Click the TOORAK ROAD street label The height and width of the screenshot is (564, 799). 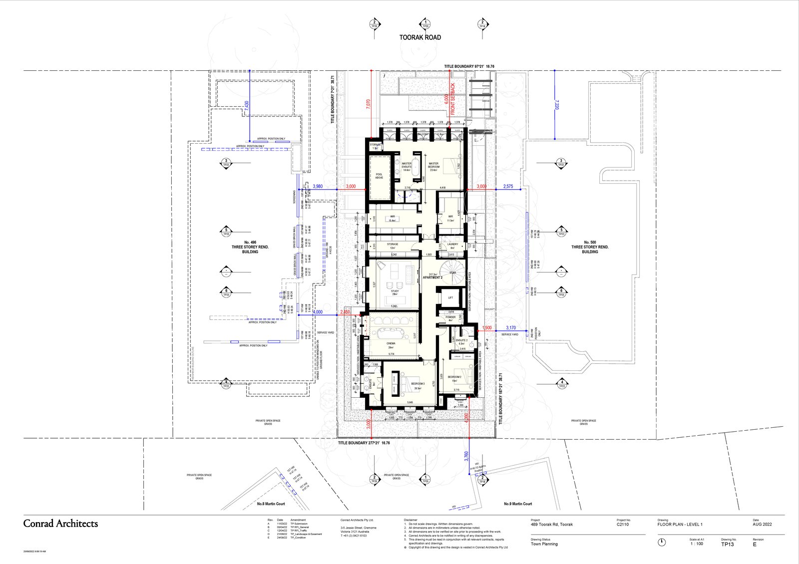420,37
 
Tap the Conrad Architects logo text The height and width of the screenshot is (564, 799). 60,524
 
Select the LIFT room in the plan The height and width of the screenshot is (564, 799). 450,297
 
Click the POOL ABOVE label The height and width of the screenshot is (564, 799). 379,176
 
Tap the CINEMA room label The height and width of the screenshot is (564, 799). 391,343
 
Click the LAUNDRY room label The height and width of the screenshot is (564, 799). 452,245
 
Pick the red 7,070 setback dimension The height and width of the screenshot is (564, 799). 369,104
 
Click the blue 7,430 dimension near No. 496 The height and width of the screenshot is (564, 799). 246,105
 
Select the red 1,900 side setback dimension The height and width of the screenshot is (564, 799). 487,328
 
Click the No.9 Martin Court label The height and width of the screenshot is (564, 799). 518,504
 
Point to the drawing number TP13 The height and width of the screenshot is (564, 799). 727,545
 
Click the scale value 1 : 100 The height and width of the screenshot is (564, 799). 697,544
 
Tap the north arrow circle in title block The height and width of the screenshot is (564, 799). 662,542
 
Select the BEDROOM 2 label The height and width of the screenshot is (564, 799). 454,377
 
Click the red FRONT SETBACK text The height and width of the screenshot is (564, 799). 453,99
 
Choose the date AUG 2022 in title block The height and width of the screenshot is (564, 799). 762,525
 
